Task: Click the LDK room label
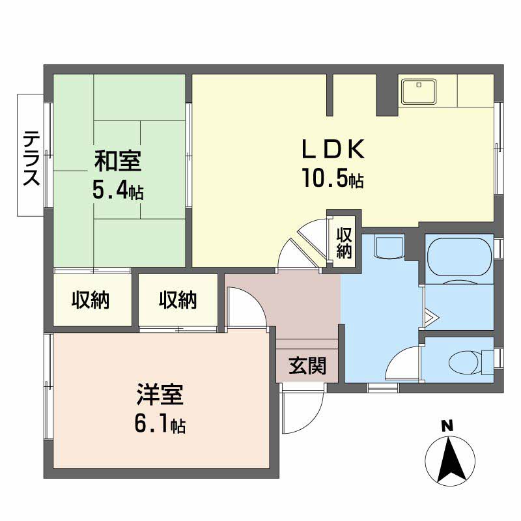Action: pos(331,149)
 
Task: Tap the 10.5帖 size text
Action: pos(331,177)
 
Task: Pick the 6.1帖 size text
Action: pos(160,425)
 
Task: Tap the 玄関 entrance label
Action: pos(307,367)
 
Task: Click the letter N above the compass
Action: pos(447,427)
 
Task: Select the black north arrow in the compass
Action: pos(449,460)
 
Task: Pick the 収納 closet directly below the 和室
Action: pos(91,300)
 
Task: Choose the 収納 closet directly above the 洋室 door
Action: pos(178,300)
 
